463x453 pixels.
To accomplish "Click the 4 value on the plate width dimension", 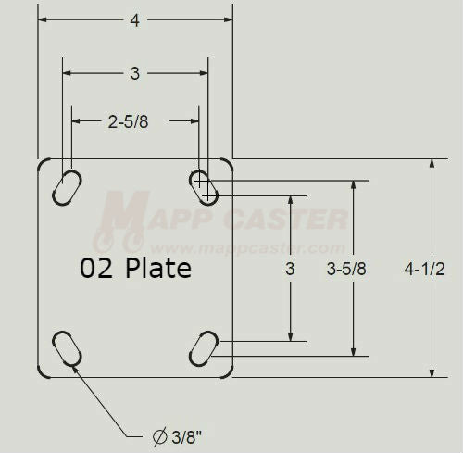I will pyautogui.click(x=135, y=20).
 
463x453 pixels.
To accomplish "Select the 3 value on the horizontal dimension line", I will pyautogui.click(x=135, y=73).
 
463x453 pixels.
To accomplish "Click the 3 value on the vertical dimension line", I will pyautogui.click(x=290, y=270).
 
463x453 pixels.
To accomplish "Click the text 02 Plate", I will pyautogui.click(x=135, y=269).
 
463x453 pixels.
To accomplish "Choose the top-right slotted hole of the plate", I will pyautogui.click(x=204, y=185).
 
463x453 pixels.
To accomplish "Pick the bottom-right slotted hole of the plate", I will pyautogui.click(x=204, y=350).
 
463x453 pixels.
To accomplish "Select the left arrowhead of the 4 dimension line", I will pyautogui.click(x=43, y=20).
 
